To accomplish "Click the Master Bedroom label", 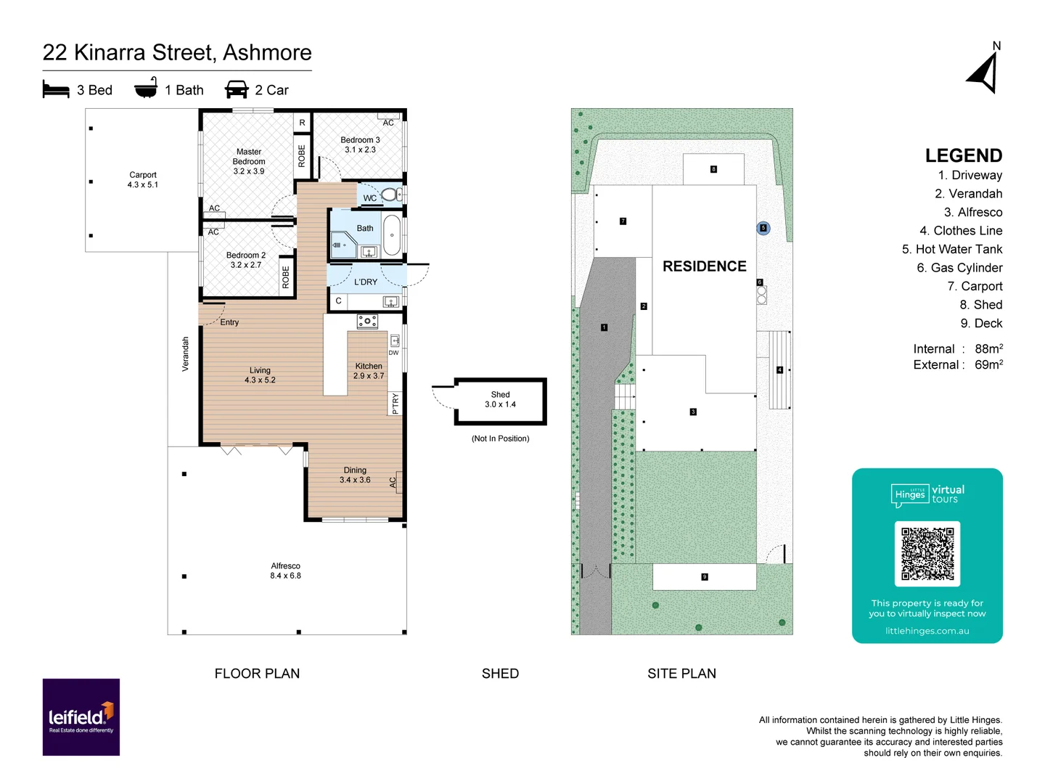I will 249,157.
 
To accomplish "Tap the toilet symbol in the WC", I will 390,195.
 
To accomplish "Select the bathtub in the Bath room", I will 392,234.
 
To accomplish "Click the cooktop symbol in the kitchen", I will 367,321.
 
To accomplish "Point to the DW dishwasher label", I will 393,353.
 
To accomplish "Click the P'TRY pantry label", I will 396,403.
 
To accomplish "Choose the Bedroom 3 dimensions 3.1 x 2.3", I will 360,150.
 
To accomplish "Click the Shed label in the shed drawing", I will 500,395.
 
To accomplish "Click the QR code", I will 927,553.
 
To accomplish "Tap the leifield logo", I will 81,717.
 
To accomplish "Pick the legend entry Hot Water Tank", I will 951,249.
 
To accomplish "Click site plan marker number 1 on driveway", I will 604,327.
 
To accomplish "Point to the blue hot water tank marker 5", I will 763,228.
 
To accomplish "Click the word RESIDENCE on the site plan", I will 704,266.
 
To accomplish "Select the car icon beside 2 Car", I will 237,89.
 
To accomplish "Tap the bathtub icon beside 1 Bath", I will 146,89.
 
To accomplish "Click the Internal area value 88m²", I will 988,348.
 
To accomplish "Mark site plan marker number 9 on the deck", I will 704,577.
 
